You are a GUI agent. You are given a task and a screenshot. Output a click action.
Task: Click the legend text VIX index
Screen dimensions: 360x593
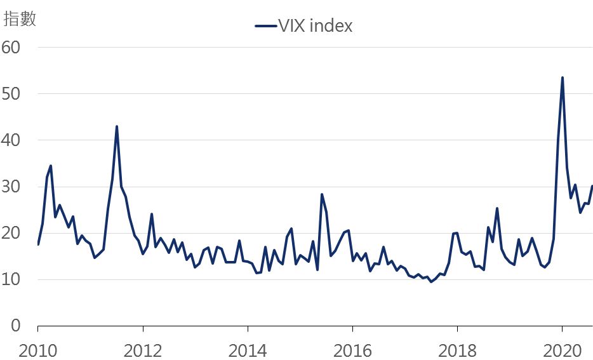click(x=315, y=26)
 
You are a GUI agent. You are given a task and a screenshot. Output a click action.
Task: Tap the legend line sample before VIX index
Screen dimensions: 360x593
click(x=265, y=26)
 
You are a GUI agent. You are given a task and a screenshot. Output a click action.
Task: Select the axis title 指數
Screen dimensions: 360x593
click(x=20, y=19)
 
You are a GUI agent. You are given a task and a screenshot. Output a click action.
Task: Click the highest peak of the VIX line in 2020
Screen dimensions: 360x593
click(x=563, y=77)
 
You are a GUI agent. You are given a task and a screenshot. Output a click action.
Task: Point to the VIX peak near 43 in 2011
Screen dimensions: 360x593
click(x=117, y=126)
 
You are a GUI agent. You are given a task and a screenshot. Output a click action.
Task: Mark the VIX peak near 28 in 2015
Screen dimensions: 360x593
click(x=322, y=194)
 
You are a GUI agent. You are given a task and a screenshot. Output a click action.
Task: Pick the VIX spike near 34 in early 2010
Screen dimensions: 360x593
click(x=50, y=166)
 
